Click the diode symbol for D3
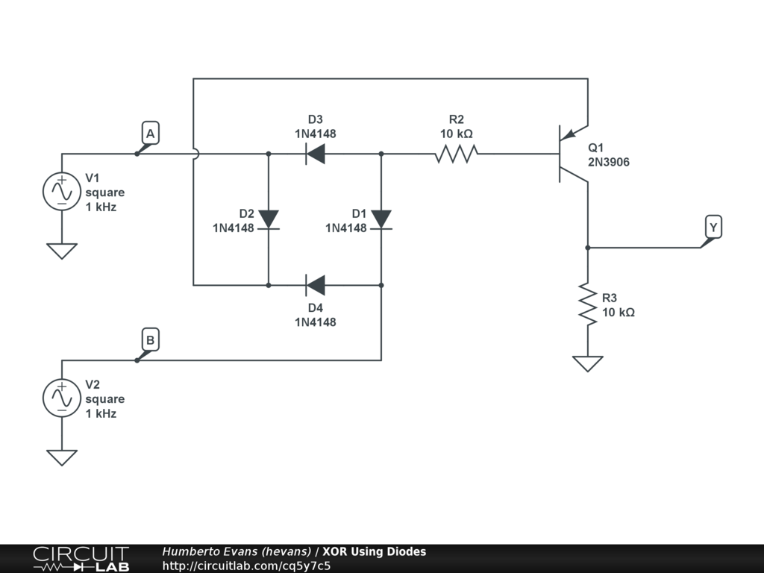316,154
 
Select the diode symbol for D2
268,219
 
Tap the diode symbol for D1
381,219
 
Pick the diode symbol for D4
316,284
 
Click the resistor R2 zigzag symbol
456,154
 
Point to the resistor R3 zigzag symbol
588,304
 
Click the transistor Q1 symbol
571,155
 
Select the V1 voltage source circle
61,191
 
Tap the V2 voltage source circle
61,398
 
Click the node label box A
150,134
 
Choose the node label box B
150,341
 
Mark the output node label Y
713,227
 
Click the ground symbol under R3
588,363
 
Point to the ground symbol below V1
61,251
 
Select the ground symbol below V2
61,457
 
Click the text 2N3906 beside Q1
608,161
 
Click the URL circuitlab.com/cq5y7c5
246,566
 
